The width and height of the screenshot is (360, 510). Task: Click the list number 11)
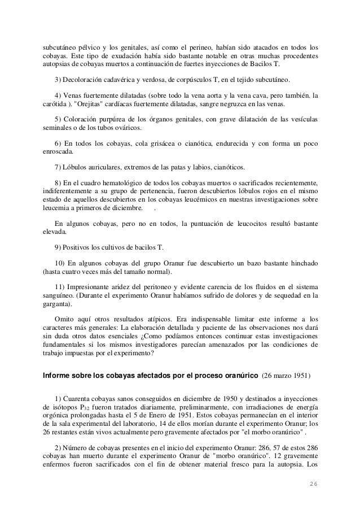(x=60, y=285)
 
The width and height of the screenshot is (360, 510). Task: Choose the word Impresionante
(x=97, y=285)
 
